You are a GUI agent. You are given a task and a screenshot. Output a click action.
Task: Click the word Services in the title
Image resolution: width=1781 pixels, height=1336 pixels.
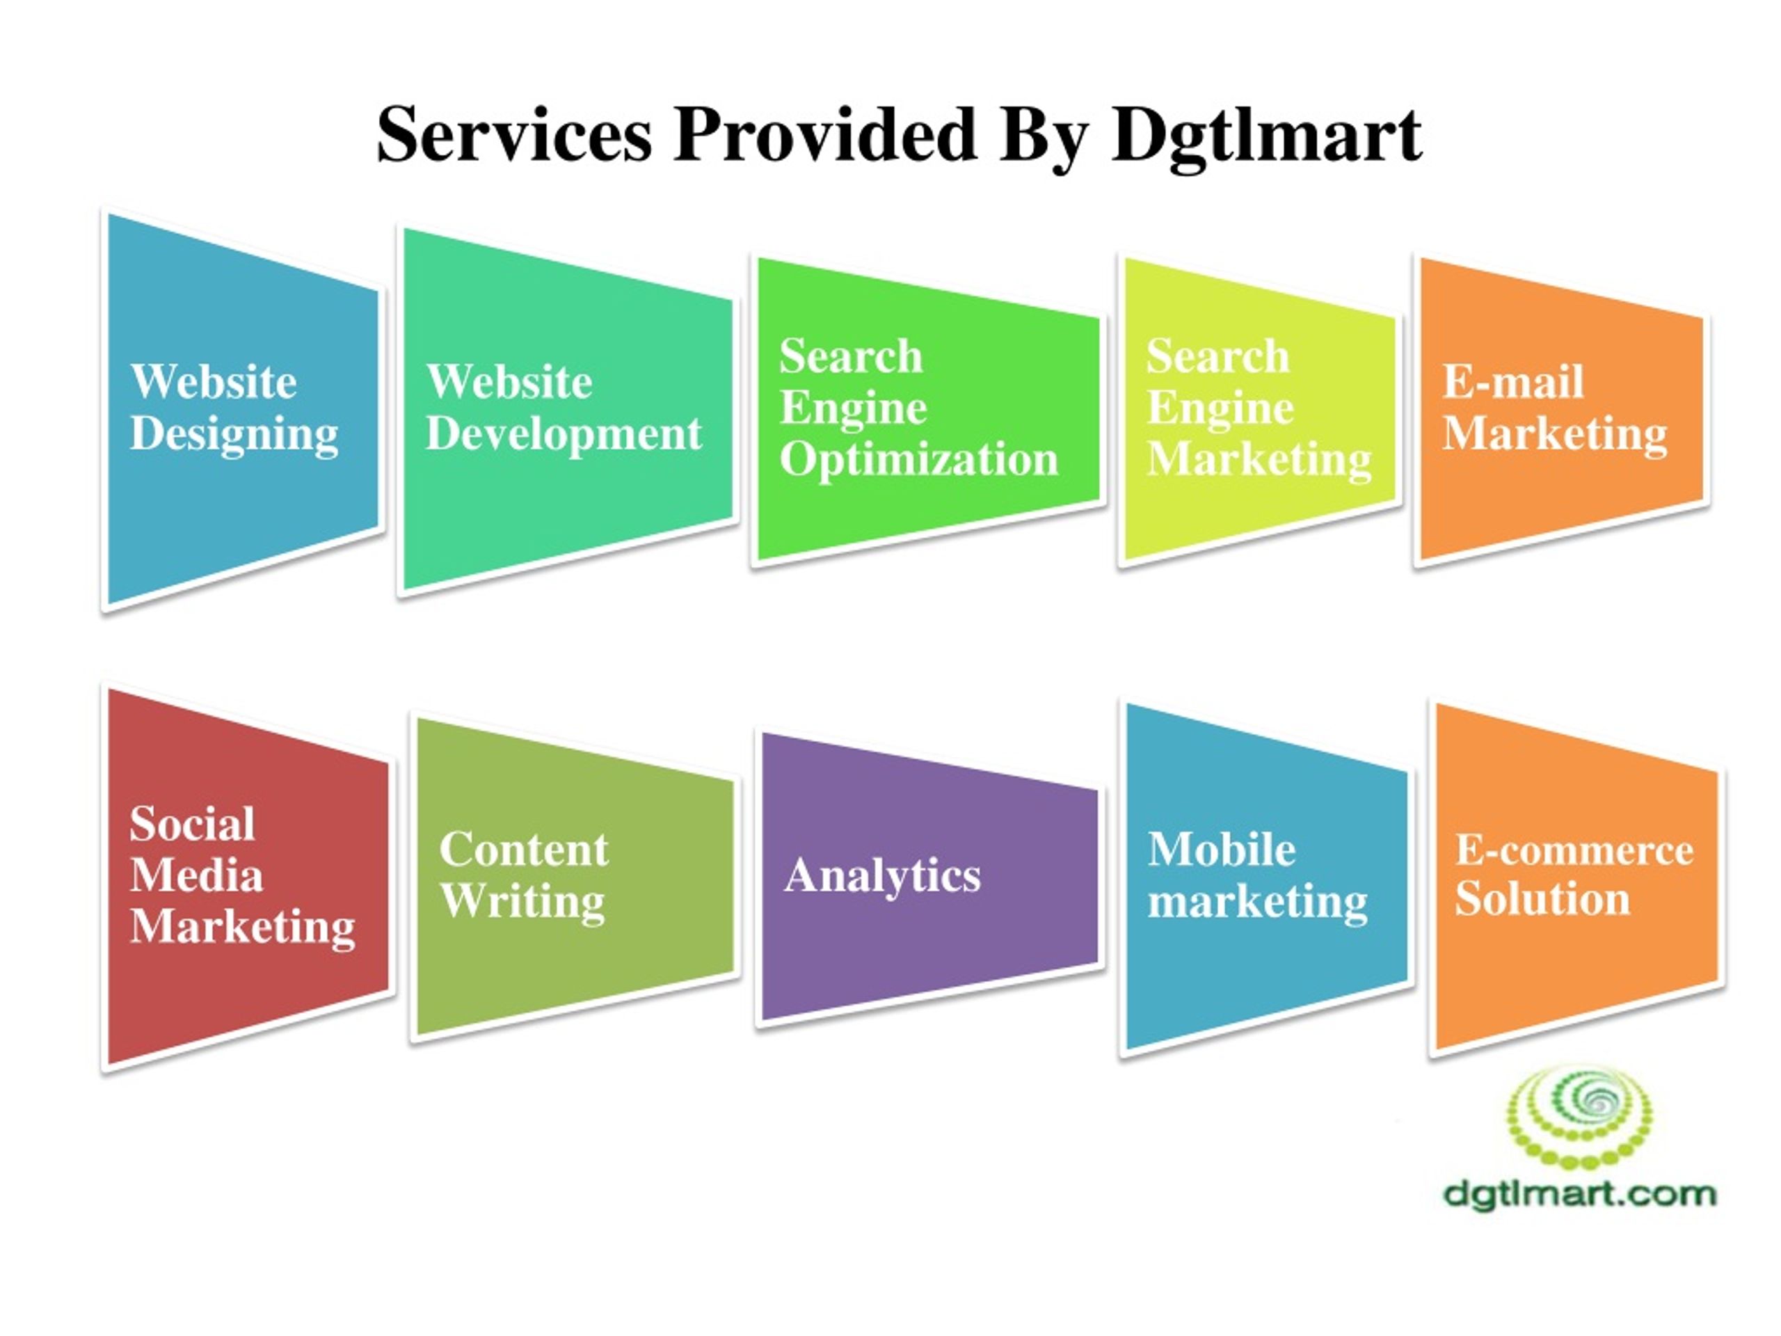coord(513,134)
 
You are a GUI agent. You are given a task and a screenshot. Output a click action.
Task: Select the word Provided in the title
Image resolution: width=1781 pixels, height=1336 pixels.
coord(825,134)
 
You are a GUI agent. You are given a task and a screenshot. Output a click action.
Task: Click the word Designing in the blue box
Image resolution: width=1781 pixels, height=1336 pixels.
coord(234,436)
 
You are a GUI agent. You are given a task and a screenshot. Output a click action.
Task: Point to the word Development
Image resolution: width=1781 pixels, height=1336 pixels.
coord(564,436)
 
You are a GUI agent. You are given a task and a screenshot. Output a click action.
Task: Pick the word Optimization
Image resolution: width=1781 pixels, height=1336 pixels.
coord(919,461)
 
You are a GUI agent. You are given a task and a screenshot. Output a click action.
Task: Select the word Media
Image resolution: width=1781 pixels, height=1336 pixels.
coord(196,875)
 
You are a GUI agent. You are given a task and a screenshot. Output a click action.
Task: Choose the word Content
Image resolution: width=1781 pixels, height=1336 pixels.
coord(524,850)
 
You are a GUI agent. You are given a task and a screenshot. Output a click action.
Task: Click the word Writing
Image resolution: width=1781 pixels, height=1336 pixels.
coord(522,902)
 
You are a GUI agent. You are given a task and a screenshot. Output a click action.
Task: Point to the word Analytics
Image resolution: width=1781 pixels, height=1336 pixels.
coord(882,877)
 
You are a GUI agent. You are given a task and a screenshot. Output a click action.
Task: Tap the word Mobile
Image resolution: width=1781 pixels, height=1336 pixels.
coord(1222,850)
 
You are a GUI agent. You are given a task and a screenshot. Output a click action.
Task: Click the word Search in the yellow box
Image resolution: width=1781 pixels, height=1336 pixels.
coord(1217,357)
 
